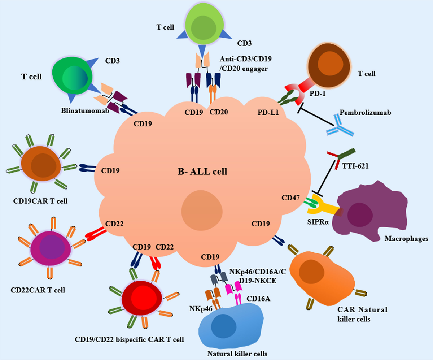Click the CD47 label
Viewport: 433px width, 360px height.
290,198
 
